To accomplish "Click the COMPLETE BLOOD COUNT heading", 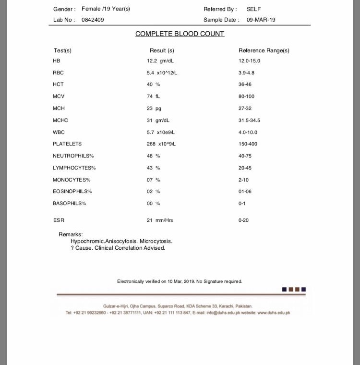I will [x=180, y=34].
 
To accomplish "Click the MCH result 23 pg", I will [x=154, y=109].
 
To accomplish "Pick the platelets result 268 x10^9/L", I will [x=162, y=144].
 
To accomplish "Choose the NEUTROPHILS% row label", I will [x=73, y=156].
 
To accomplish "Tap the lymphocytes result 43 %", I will [x=154, y=168].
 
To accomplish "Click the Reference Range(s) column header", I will [x=264, y=50].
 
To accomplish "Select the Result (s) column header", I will [x=162, y=50].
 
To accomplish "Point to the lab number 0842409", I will [x=93, y=20].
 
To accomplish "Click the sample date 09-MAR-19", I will [x=261, y=20].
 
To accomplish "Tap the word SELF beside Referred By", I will [x=254, y=9].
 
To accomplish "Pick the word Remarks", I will [x=71, y=234].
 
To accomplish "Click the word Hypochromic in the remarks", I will [x=86, y=241].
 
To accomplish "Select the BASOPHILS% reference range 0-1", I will [x=242, y=203].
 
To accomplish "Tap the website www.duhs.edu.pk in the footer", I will [x=274, y=313].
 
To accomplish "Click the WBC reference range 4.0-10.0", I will [x=249, y=132].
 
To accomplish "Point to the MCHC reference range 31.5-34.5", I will [x=250, y=121].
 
